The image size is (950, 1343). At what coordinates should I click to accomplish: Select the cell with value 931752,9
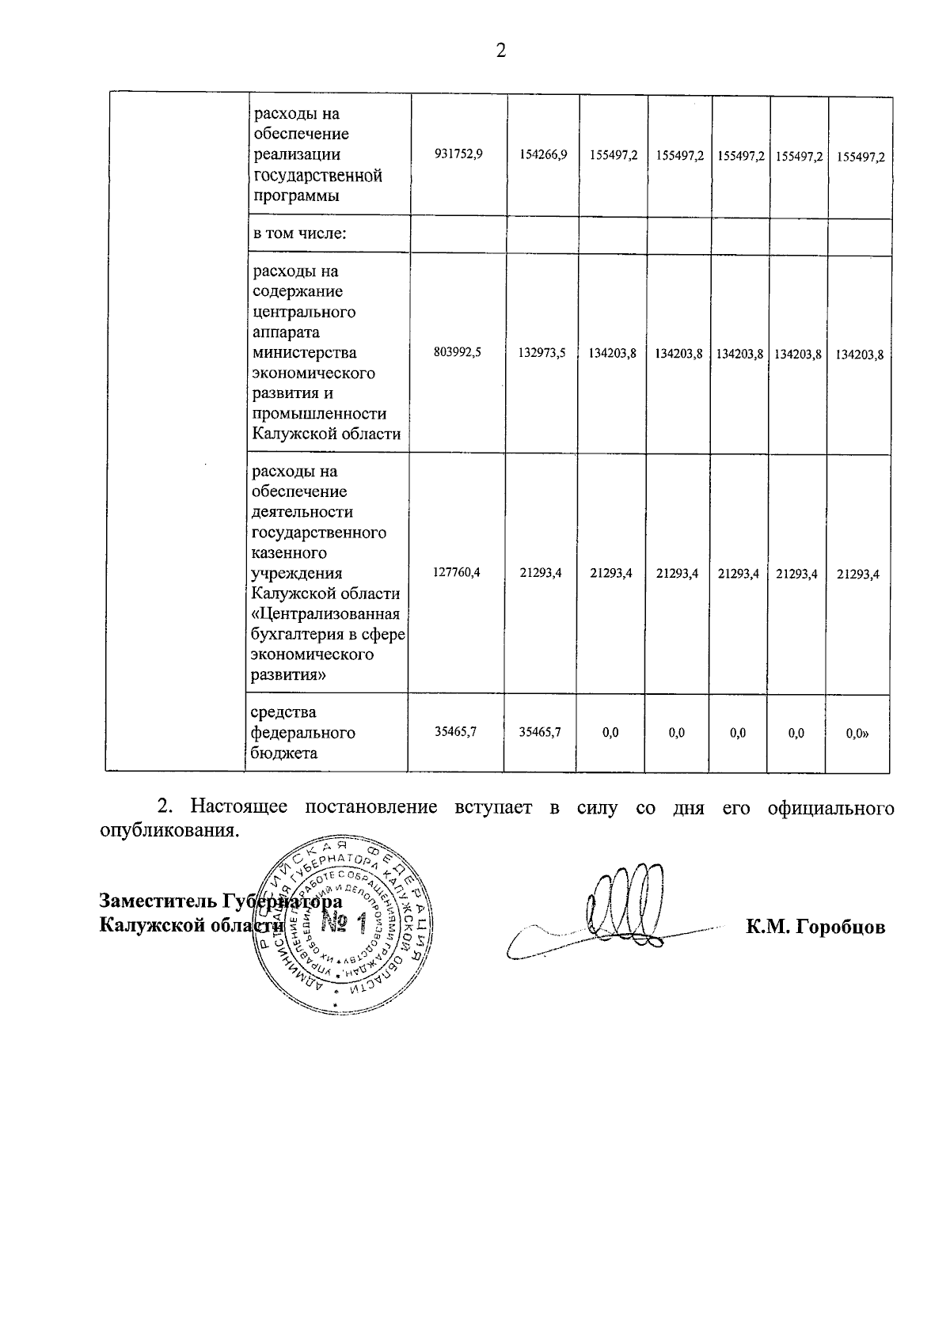458,155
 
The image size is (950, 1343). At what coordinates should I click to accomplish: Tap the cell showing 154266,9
543,155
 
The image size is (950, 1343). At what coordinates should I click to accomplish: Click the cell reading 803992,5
458,353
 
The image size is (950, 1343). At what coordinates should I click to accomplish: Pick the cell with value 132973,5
542,354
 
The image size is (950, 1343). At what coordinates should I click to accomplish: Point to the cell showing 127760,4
457,572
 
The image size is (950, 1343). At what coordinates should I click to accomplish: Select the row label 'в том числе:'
301,234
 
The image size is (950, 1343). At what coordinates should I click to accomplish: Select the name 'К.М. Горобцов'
815,927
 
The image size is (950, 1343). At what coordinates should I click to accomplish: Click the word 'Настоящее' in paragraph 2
238,808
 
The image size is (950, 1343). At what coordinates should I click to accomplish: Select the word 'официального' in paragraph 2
831,808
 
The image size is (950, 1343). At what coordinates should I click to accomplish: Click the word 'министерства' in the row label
304,353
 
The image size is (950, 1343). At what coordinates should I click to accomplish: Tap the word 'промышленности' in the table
319,414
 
